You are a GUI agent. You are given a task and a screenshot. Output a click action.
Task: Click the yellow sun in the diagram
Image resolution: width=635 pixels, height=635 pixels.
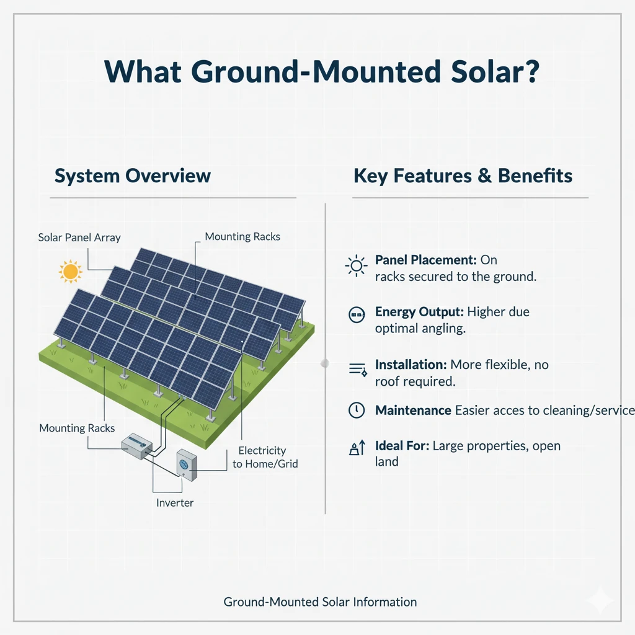coord(70,271)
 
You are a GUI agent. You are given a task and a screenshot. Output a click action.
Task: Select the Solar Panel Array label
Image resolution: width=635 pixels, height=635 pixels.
coord(79,238)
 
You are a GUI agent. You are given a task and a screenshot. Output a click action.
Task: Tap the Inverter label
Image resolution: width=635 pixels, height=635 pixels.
coord(175,502)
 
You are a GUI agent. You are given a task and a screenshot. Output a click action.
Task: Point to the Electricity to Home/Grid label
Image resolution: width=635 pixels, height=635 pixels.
coord(265,457)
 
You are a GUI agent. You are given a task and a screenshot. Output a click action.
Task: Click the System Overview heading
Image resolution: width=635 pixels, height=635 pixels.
coord(133,175)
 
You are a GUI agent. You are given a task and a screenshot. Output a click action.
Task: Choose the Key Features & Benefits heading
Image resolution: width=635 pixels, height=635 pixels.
coord(463,175)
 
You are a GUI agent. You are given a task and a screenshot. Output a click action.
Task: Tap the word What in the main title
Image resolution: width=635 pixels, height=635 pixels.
coord(144,72)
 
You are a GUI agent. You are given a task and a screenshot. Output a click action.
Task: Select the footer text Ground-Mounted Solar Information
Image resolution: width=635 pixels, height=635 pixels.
coord(320,602)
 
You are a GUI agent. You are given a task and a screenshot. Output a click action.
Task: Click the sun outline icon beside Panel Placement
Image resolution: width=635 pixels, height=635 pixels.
coord(356,267)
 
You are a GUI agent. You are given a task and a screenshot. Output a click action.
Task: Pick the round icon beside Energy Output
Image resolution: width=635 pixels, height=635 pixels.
coord(356,316)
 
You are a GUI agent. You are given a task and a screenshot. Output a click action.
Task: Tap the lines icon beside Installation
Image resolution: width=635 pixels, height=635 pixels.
coord(358,370)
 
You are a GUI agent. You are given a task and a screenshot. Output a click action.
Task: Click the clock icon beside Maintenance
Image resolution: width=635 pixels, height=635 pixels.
coord(356,410)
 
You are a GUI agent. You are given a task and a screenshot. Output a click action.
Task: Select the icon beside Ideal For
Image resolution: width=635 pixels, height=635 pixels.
coord(357,448)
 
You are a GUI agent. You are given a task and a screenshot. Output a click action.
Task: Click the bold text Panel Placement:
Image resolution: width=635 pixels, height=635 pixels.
coord(424,260)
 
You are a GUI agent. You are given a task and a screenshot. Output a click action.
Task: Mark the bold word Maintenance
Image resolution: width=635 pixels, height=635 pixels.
coord(413,410)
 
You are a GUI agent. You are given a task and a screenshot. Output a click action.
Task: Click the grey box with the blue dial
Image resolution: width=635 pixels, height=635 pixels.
coord(186,463)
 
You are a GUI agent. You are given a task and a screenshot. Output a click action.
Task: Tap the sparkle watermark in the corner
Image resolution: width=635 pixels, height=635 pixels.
coord(600,600)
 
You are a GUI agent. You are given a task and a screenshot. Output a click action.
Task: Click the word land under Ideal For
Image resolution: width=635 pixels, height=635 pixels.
coord(386,461)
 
